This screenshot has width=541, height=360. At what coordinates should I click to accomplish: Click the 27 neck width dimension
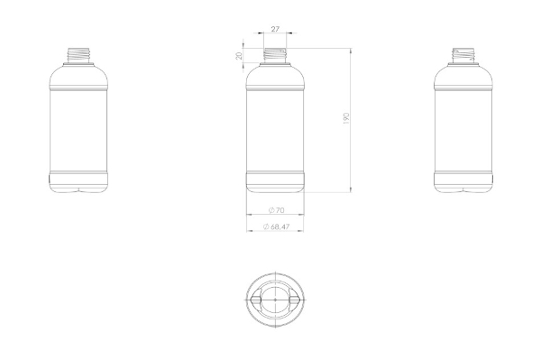click(x=275, y=29)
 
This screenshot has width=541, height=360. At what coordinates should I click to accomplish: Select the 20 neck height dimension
click(x=239, y=56)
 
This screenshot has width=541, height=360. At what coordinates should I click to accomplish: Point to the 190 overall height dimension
click(x=346, y=118)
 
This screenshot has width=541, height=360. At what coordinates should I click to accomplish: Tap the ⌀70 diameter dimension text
click(x=277, y=210)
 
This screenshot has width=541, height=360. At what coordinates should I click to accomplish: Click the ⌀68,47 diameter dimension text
click(x=276, y=226)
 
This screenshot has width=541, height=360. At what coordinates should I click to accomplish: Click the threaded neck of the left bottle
click(x=78, y=56)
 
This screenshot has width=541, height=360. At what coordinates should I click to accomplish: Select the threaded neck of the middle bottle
click(x=275, y=56)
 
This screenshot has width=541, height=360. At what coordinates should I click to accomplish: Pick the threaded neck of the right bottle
click(x=463, y=56)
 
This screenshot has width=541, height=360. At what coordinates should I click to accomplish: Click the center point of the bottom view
click(x=275, y=300)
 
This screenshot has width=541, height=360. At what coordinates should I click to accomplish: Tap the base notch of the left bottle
click(x=78, y=190)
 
